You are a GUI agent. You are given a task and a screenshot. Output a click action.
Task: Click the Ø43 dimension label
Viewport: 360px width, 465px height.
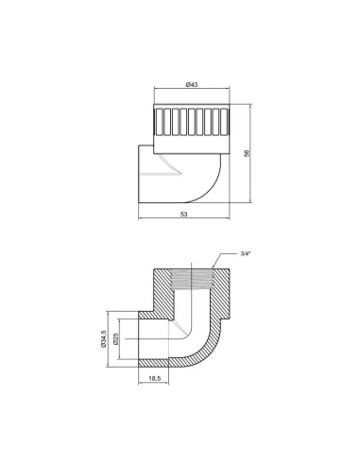coord(192,84)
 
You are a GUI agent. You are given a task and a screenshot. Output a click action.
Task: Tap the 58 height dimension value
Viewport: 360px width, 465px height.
coord(247,153)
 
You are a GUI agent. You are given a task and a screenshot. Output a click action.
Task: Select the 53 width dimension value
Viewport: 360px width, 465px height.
coord(184,214)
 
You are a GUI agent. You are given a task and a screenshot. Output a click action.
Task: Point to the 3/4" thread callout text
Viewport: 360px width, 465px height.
coord(245,254)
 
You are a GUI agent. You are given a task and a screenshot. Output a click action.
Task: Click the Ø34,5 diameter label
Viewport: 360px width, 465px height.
coord(103,338)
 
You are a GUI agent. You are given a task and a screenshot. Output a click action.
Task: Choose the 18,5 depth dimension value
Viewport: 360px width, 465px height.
coord(154,378)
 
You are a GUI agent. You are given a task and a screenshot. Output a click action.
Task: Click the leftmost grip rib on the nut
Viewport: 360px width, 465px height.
coord(159,122)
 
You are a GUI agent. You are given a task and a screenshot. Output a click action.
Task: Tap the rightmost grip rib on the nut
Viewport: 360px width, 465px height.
coord(224,122)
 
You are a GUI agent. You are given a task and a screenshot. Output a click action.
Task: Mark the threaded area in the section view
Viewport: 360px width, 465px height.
coord(192,280)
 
